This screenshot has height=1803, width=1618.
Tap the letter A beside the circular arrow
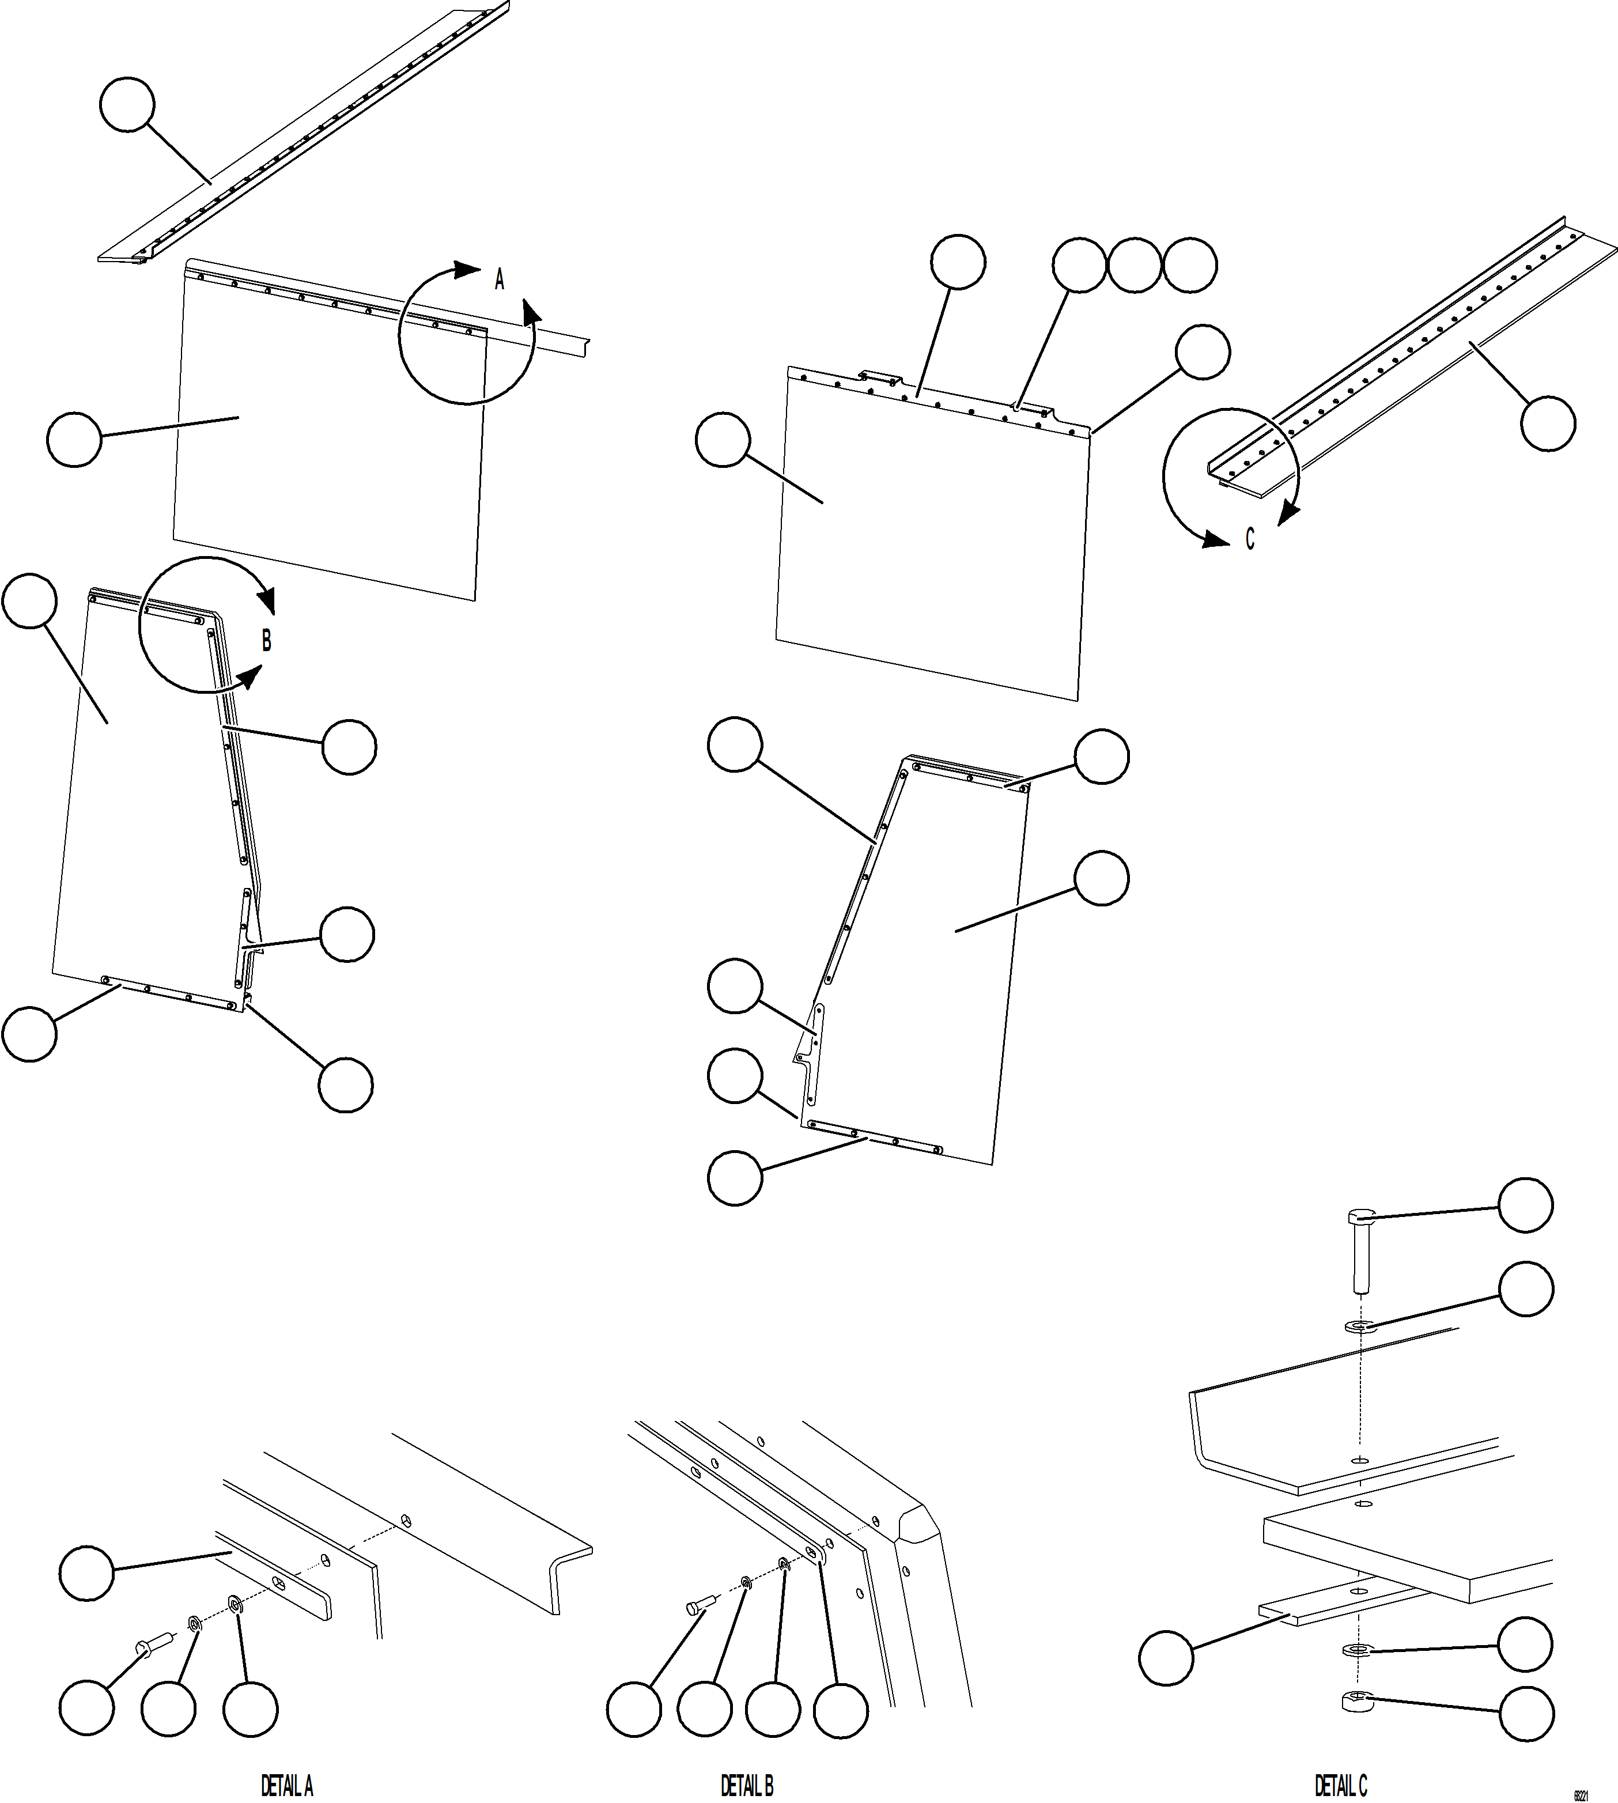(x=500, y=280)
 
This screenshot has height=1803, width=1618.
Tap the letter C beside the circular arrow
(x=1250, y=539)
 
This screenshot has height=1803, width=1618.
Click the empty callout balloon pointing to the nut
(x=1526, y=1713)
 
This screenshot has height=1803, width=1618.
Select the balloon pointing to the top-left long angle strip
(x=127, y=105)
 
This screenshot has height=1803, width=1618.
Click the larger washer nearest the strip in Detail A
(x=236, y=1605)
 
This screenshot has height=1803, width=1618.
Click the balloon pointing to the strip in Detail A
(x=87, y=1574)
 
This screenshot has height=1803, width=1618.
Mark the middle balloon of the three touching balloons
(x=1135, y=265)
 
